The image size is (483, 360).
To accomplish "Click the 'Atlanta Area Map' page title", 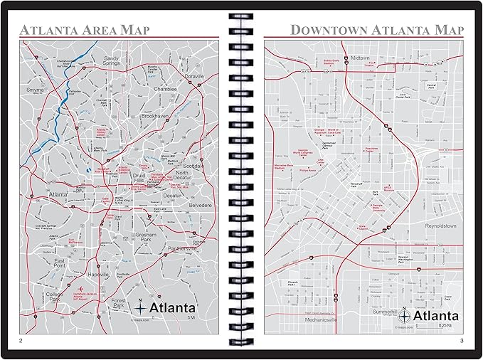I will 85,30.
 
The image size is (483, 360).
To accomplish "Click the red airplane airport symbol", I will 75,287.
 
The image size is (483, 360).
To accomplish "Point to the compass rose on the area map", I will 140,308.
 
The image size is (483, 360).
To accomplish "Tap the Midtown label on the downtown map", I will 361,57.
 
